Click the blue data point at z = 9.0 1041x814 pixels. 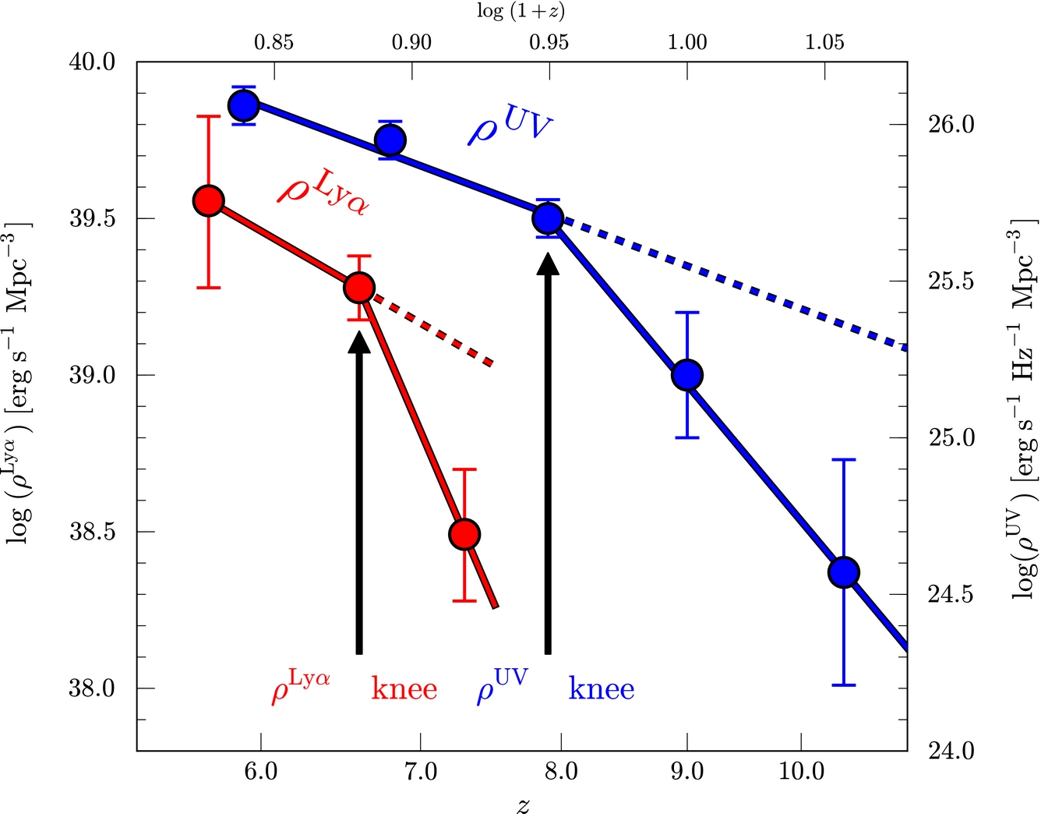[x=687, y=375]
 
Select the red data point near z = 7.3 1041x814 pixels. [x=464, y=534]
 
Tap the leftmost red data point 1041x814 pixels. [x=208, y=200]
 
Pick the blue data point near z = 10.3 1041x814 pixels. [x=844, y=572]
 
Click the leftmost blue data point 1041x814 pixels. [x=243, y=105]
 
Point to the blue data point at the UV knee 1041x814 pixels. [x=548, y=218]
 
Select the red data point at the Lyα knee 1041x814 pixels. [x=359, y=288]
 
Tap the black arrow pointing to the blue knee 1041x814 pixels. [x=549, y=452]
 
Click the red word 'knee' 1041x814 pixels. [x=404, y=688]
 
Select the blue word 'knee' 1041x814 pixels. [x=602, y=688]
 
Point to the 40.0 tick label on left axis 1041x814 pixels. [x=93, y=62]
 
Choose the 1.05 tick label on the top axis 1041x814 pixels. [x=824, y=41]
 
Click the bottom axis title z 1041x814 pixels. [x=523, y=804]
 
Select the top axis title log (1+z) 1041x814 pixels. [x=520, y=11]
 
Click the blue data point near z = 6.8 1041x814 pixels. [x=390, y=140]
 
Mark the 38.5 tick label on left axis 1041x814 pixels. [x=93, y=533]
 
